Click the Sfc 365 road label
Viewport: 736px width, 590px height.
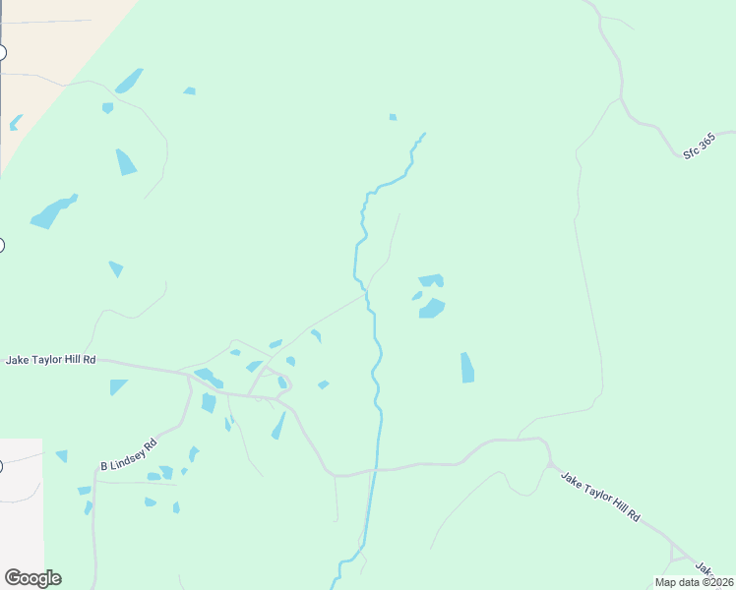coord(705,147)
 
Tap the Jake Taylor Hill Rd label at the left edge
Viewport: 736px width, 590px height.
coord(51,361)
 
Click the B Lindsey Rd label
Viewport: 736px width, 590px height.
coord(129,453)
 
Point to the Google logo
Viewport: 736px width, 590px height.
coord(32,578)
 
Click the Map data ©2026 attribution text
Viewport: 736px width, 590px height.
coord(694,582)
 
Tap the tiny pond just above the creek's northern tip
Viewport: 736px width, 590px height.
coord(393,117)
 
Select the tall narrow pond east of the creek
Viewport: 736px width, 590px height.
coord(467,368)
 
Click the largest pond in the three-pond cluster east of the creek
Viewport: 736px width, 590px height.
coord(432,309)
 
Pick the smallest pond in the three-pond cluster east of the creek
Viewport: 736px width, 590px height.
coord(417,295)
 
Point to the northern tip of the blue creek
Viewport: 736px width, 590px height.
coord(424,134)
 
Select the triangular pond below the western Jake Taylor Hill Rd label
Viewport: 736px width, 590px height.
coord(118,386)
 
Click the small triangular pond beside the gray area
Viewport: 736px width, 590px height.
coord(62,456)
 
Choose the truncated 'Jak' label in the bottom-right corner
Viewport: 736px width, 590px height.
coord(705,569)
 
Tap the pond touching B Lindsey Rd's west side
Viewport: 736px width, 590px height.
coord(87,507)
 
